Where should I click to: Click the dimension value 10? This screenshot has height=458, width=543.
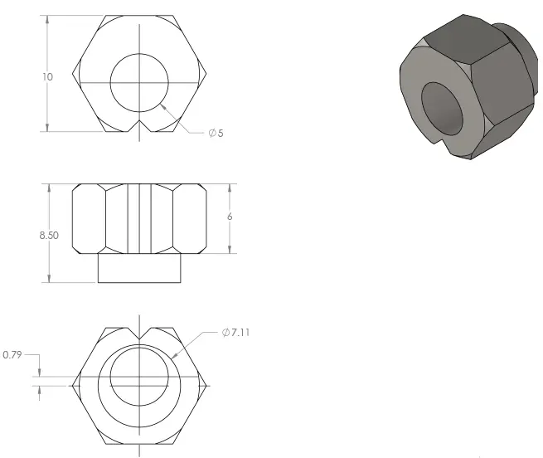[x=47, y=76]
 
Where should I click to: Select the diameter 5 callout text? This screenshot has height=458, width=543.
[x=216, y=134]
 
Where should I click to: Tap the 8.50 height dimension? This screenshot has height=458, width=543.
[x=49, y=235]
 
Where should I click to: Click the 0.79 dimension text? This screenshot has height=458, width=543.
[x=12, y=354]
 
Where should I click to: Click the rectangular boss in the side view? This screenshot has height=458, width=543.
[x=139, y=268]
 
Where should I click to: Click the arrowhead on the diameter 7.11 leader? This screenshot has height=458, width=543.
[x=176, y=355]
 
